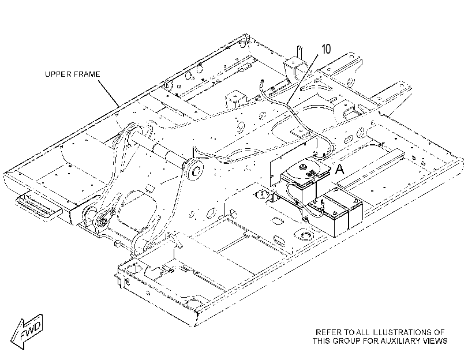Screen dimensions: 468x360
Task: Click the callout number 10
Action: point(326,49)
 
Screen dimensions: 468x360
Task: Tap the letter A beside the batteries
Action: point(340,169)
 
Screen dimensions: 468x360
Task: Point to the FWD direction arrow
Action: point(27,331)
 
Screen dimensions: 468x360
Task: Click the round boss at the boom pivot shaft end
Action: point(194,170)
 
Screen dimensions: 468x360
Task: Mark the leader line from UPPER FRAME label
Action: point(109,92)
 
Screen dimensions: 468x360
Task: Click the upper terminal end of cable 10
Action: point(263,81)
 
